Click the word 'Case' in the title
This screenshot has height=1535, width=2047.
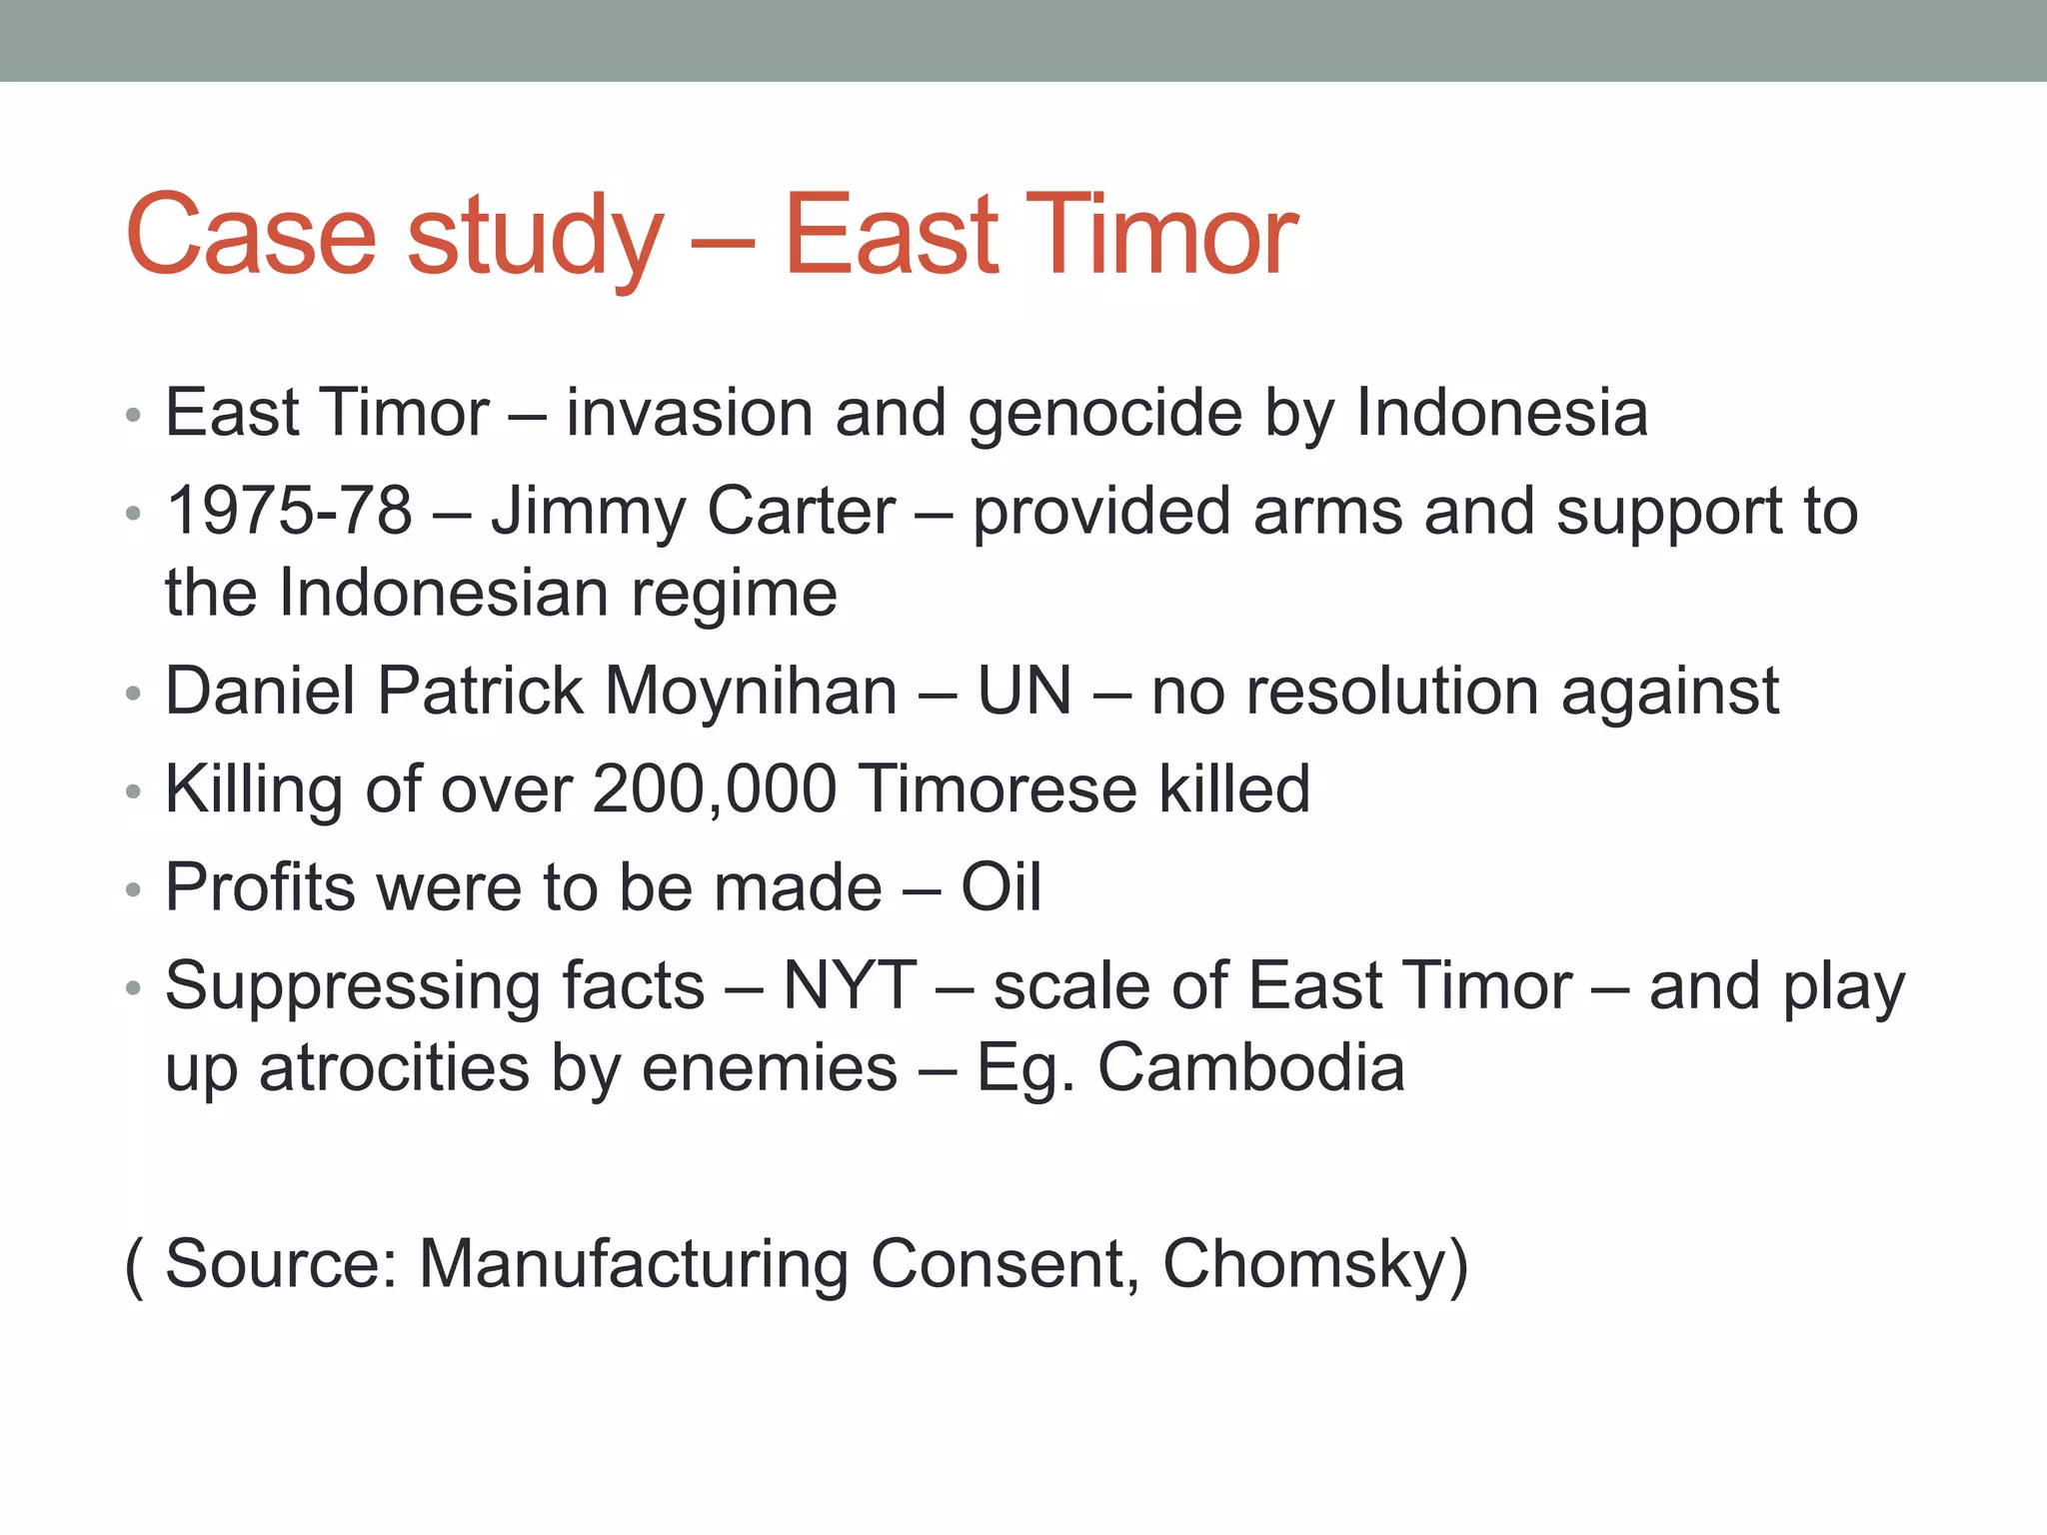pos(251,235)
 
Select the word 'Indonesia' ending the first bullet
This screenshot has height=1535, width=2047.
pos(1501,413)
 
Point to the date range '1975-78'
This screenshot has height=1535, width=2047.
pos(289,511)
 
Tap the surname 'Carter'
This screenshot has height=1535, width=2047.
pos(801,511)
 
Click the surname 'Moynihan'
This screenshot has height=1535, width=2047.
pos(751,693)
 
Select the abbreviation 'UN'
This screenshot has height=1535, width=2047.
pos(1024,691)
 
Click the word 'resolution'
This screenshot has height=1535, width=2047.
pos(1344,691)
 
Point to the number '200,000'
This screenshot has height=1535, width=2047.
pos(715,790)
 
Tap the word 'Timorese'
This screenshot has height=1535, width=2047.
pos(998,788)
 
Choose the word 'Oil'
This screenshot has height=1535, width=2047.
pos(1001,887)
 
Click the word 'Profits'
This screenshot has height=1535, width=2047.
pos(260,887)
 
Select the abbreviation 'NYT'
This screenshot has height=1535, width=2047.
pos(850,986)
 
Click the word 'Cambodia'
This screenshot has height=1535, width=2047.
pos(1251,1067)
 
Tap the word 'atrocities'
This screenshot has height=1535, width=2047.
pos(394,1067)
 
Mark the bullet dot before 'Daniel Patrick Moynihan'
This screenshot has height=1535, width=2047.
pos(134,694)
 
